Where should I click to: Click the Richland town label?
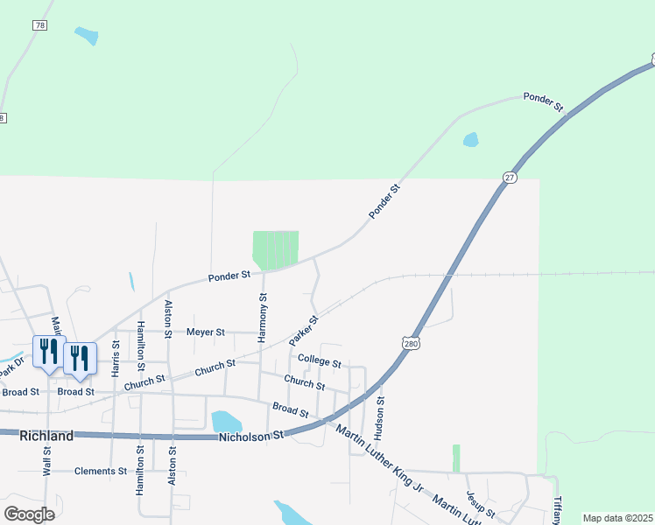click(46, 435)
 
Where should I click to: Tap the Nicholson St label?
click(252, 435)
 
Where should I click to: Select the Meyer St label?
click(206, 332)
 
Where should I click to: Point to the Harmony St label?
click(263, 318)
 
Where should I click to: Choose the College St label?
click(318, 360)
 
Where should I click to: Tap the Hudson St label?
click(379, 417)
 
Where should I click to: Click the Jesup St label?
click(481, 503)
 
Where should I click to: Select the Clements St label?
click(102, 471)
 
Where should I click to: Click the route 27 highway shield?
click(510, 177)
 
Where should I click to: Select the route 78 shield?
click(40, 26)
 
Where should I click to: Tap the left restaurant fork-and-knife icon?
click(47, 353)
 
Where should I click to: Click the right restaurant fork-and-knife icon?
click(79, 359)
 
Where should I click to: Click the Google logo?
click(29, 514)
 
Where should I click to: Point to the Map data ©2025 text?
click(617, 518)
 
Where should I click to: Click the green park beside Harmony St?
click(276, 249)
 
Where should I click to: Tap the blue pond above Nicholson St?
click(226, 422)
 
